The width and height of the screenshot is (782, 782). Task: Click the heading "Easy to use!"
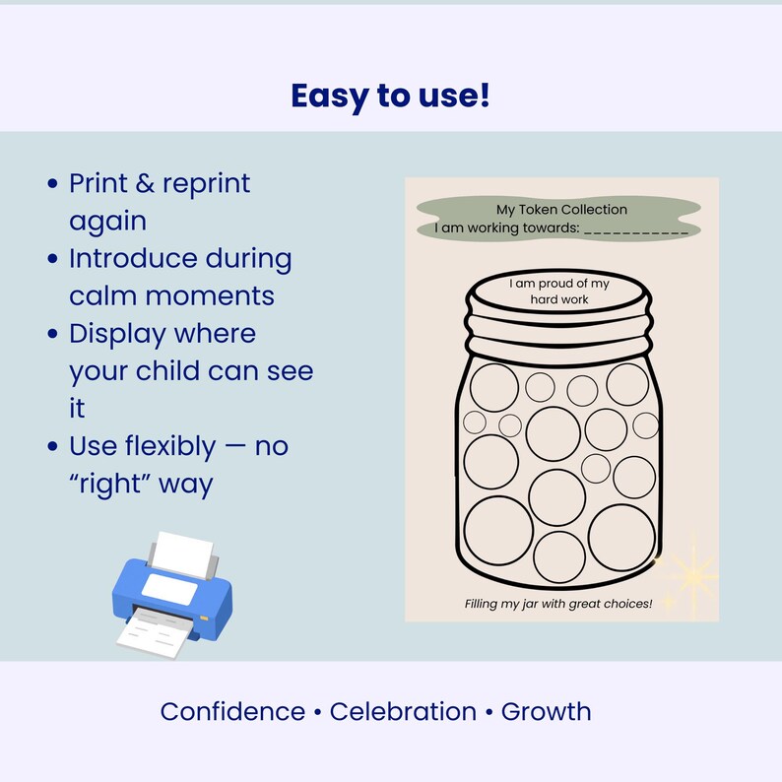click(390, 96)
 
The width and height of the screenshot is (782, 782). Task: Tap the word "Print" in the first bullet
click(103, 183)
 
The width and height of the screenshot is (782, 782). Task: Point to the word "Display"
click(118, 334)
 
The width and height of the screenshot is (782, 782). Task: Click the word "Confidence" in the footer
click(232, 711)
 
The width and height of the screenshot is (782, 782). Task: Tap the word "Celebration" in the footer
click(403, 711)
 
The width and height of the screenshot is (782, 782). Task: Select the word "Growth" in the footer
click(546, 711)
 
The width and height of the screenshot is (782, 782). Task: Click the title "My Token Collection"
click(561, 209)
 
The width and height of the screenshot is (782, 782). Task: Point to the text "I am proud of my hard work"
click(559, 291)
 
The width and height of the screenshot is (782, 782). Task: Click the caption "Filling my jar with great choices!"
click(558, 603)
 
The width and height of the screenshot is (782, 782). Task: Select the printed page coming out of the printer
click(155, 629)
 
